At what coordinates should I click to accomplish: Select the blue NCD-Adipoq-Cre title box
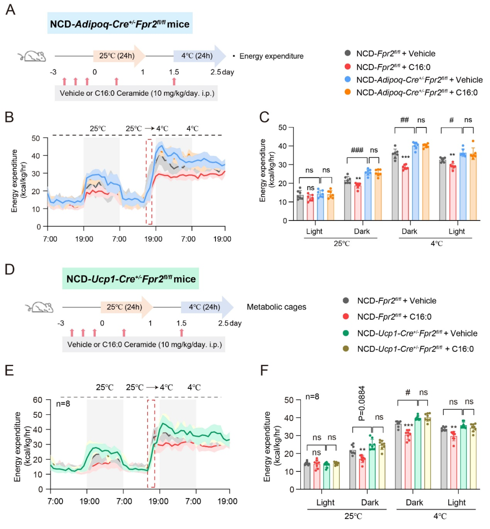[120, 24]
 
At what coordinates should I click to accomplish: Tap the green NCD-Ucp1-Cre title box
[131, 278]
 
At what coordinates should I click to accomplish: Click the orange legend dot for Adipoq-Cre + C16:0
[348, 93]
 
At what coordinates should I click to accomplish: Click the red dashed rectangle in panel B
[149, 181]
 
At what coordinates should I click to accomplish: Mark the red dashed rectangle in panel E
[152, 443]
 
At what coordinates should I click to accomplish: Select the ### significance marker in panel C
[357, 150]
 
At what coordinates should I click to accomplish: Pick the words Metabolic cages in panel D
[276, 307]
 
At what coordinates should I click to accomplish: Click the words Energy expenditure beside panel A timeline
[271, 56]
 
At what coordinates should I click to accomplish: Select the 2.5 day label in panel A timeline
[222, 72]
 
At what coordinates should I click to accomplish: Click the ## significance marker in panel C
[405, 120]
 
